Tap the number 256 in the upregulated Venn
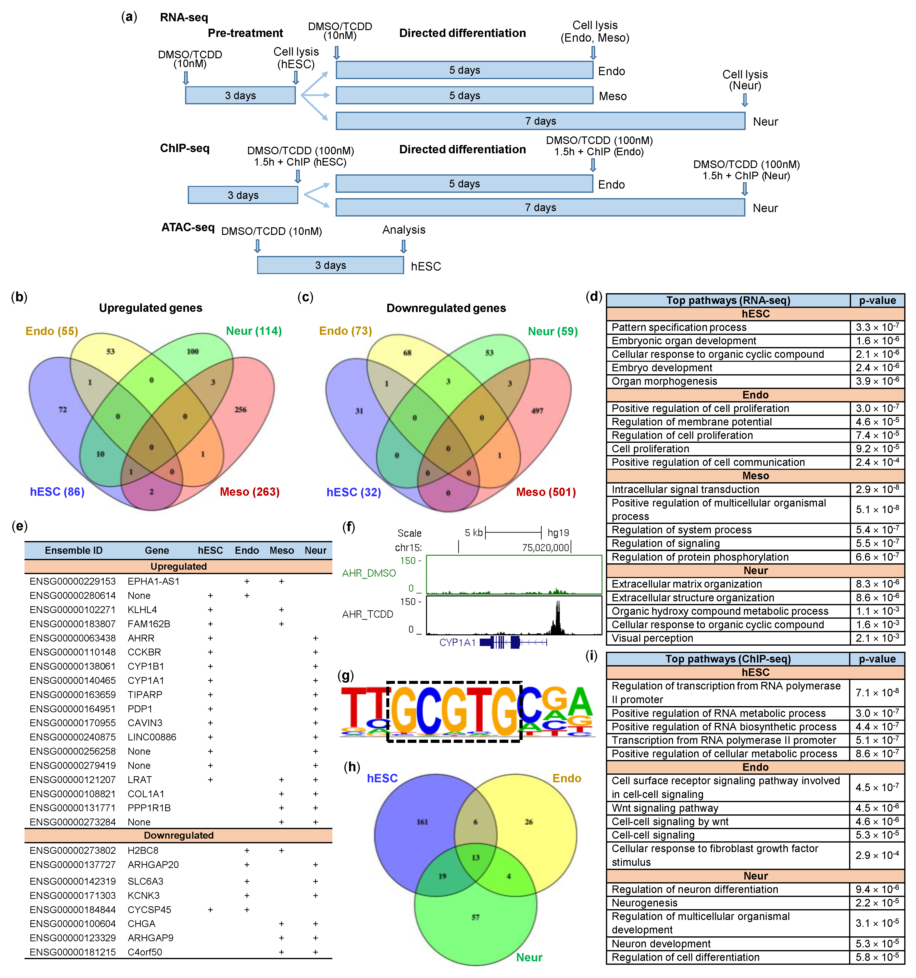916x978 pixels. [x=240, y=409]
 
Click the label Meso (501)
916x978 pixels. [x=545, y=492]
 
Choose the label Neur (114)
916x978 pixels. [x=253, y=331]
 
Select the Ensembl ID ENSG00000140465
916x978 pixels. [x=72, y=680]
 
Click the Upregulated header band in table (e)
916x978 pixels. [x=178, y=566]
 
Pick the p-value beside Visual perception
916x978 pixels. [x=877, y=638]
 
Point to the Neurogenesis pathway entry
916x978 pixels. [x=644, y=903]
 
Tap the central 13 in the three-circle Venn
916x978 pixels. [x=476, y=857]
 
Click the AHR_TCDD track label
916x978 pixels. [x=368, y=614]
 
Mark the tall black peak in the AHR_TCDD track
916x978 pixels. [x=558, y=617]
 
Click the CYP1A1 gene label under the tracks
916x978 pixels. [x=457, y=642]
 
